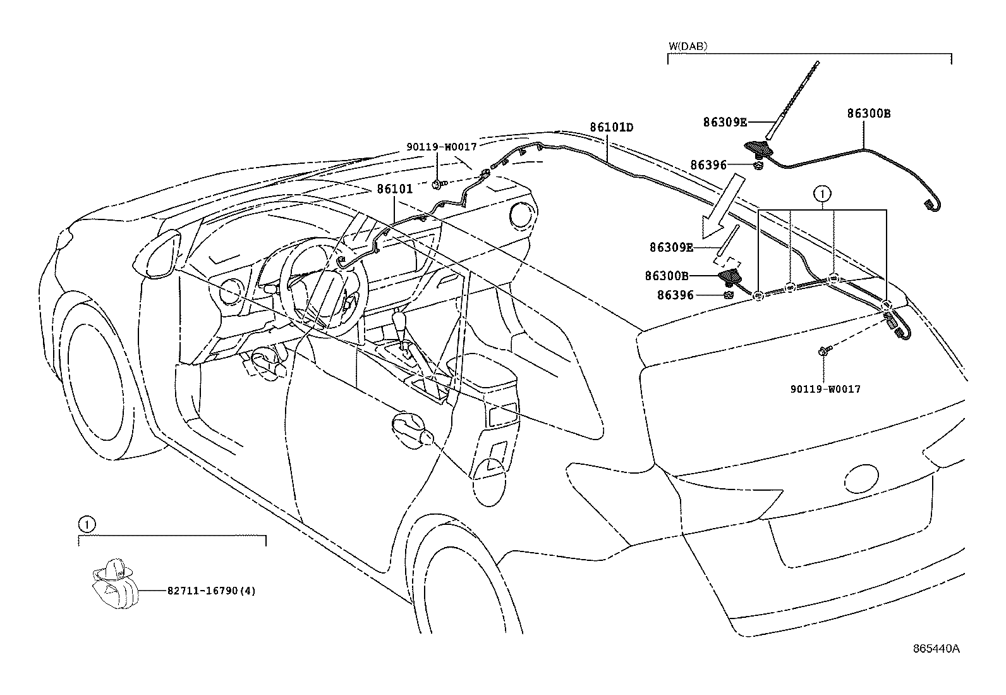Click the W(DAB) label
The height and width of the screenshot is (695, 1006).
688,46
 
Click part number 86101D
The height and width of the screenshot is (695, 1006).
611,127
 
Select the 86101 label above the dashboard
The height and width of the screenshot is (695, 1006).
395,188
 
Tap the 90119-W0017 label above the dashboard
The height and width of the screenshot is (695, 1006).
441,146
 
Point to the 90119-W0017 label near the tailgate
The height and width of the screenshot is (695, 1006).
825,390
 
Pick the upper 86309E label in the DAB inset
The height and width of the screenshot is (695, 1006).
725,122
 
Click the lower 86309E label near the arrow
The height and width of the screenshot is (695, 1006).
671,247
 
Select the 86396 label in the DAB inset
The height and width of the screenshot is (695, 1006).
708,165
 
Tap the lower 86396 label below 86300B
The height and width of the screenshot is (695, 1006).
676,295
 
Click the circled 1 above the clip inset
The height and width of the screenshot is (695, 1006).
87,524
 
